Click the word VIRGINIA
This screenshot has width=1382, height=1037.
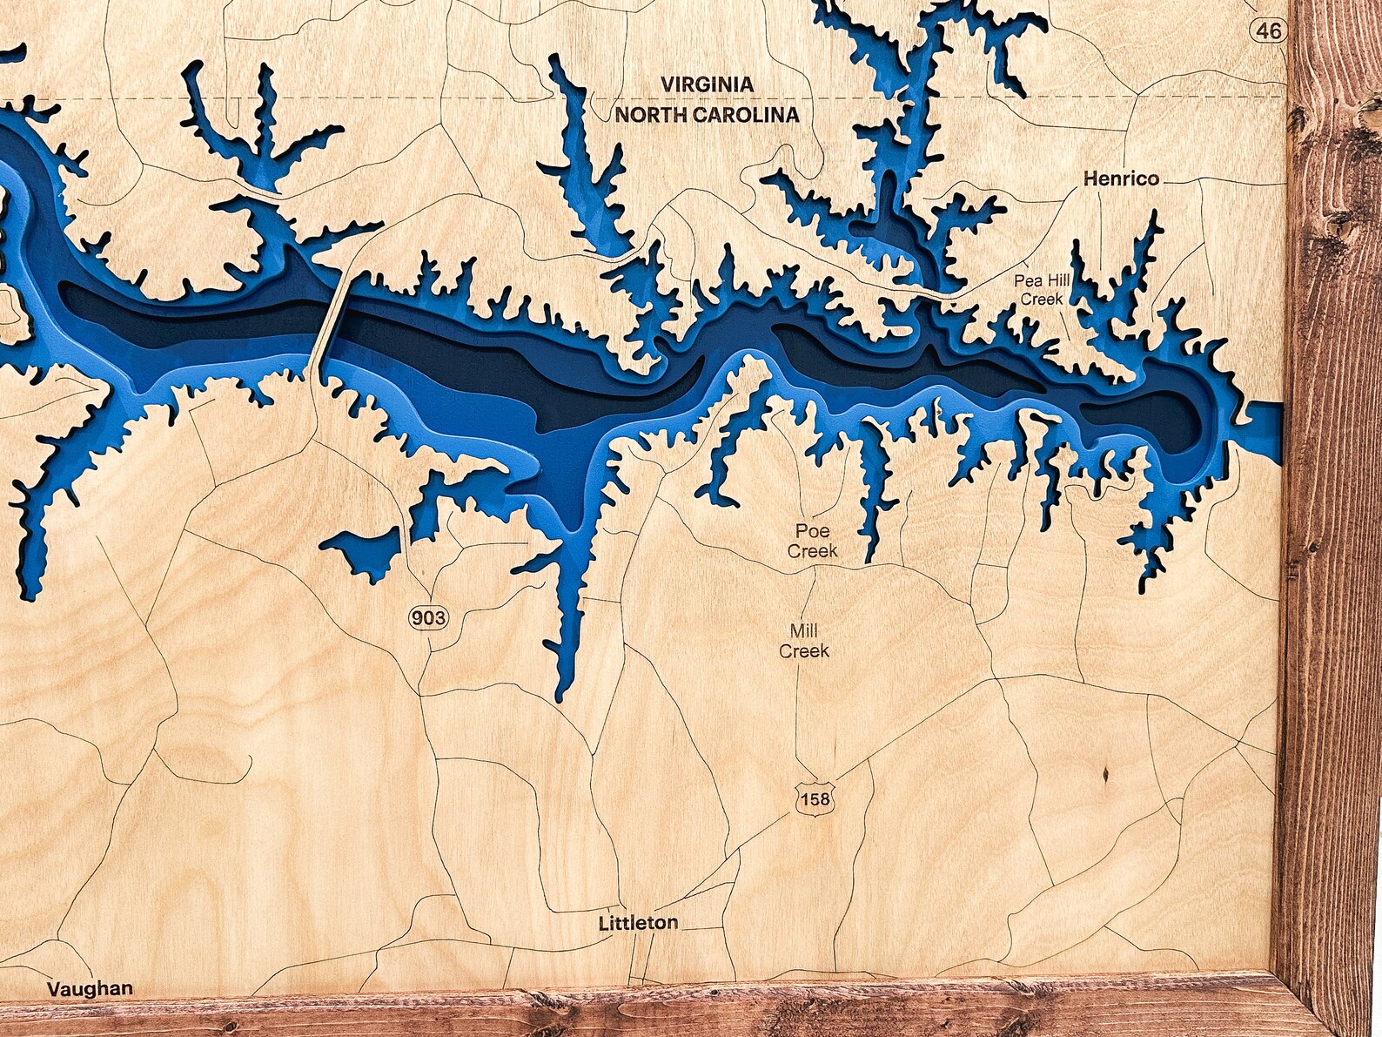tap(707, 84)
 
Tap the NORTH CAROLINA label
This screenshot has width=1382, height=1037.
tap(707, 114)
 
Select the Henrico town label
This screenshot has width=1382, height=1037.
tap(1121, 178)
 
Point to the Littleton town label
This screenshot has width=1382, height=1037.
tap(638, 922)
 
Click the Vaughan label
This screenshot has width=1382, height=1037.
tap(90, 988)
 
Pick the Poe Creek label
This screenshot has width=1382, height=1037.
tap(812, 541)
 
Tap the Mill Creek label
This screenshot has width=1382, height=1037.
tap(803, 641)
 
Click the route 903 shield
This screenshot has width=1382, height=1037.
tap(428, 618)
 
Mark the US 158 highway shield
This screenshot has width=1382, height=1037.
tap(815, 798)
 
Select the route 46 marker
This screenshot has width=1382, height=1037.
tap(1269, 30)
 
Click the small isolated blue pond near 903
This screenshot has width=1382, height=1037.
tap(364, 549)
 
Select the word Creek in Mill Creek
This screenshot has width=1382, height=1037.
tap(803, 651)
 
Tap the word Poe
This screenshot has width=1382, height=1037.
tap(812, 531)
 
